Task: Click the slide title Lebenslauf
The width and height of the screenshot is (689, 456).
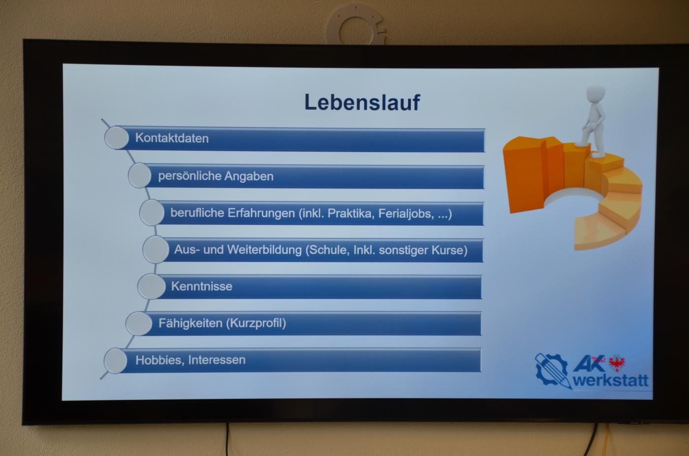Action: [x=362, y=102]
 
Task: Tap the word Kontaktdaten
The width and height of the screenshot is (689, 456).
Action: [x=172, y=138]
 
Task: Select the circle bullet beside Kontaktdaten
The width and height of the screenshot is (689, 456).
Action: [x=117, y=138]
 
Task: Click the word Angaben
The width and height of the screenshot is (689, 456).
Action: [x=249, y=177]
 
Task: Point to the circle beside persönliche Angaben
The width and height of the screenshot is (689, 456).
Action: [x=140, y=175]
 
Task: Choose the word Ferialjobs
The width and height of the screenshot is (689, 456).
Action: [x=407, y=213]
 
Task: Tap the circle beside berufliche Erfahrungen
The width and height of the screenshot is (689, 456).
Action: [x=152, y=213]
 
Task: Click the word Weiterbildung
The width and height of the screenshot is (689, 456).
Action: [x=264, y=250]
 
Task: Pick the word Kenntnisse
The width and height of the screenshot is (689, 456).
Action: [x=202, y=286]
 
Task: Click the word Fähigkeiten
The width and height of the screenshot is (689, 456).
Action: [x=190, y=324]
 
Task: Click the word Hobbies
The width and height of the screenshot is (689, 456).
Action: [x=160, y=360]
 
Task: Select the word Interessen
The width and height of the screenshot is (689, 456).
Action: [x=217, y=360]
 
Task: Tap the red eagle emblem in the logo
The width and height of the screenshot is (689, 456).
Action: [x=617, y=363]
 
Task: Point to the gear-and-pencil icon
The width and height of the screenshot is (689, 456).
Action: [x=553, y=370]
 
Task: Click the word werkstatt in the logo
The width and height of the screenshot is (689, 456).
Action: [x=611, y=381]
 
